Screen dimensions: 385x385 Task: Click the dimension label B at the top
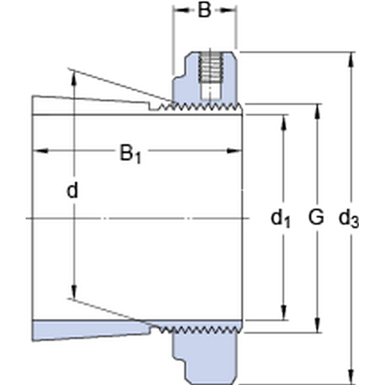(204, 10)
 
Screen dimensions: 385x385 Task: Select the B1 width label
(130, 154)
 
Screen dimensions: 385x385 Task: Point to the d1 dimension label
(280, 218)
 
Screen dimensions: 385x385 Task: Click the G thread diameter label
(316, 217)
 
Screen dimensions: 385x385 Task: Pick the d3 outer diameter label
(348, 219)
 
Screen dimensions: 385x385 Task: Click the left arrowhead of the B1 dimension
(41, 151)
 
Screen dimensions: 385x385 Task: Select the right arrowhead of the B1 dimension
(234, 151)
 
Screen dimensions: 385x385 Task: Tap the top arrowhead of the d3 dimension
(352, 60)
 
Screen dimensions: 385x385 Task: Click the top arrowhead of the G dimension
(318, 111)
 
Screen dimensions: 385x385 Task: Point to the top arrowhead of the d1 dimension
(284, 122)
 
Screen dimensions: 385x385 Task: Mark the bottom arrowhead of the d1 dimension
(284, 312)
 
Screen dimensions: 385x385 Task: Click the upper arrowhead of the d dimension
(74, 78)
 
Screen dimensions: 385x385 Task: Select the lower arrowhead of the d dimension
(74, 292)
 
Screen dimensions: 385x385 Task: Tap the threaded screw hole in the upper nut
(210, 67)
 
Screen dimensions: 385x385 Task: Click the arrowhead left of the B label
(182, 10)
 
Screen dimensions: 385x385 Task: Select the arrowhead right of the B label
(227, 10)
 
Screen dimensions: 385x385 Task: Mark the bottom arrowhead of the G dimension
(318, 325)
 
